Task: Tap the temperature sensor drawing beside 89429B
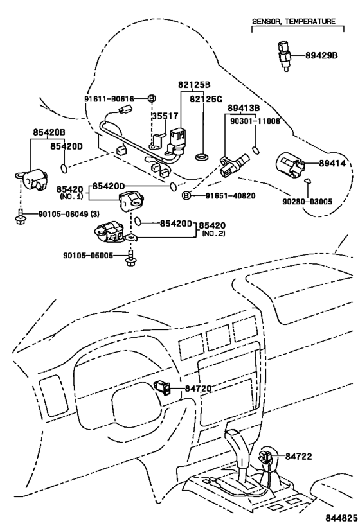283,56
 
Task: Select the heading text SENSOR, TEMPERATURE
293,21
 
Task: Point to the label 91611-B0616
110,98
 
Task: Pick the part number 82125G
205,99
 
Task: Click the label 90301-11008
257,121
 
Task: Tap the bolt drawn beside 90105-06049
21,217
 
